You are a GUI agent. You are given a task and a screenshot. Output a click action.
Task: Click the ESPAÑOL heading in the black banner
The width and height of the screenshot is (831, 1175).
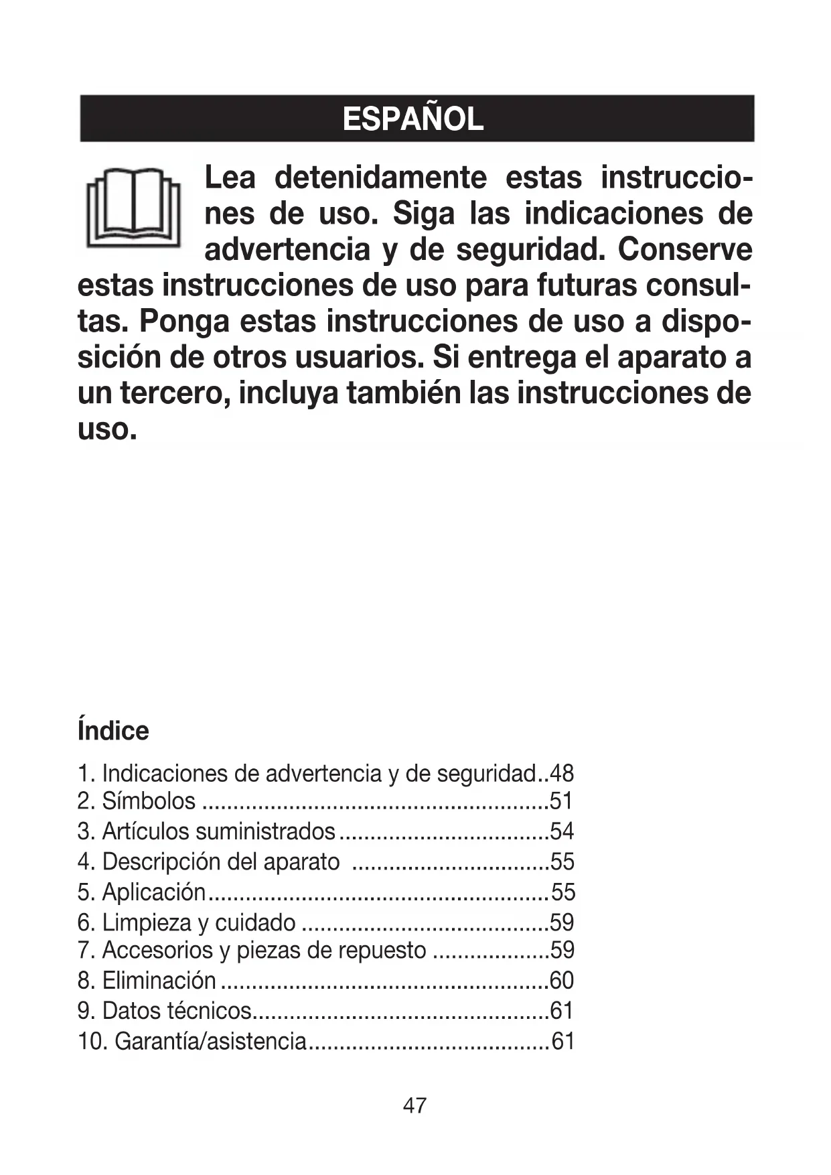[x=412, y=119]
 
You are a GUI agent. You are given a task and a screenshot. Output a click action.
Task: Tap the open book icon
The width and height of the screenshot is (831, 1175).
[x=133, y=206]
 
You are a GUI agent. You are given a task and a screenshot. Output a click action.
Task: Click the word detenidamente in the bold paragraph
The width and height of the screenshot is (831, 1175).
[x=380, y=178]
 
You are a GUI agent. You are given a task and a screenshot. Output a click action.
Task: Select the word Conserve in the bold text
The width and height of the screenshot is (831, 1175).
[x=684, y=250]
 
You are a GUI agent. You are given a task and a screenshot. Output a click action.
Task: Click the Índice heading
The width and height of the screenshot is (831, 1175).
[x=113, y=731]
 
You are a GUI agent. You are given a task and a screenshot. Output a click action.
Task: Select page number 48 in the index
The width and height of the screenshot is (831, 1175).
[x=561, y=774]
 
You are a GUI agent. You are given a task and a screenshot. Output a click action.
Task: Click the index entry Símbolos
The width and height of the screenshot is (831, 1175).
[x=148, y=801]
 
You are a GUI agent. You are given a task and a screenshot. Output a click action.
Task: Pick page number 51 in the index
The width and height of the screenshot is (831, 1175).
[x=561, y=801]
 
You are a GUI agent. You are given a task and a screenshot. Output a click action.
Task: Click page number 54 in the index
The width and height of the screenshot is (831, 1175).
[x=562, y=831]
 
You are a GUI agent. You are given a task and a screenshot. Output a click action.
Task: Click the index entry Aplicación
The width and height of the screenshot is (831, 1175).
[x=153, y=892]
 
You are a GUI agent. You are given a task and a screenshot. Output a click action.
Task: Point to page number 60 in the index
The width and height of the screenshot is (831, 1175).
[x=561, y=981]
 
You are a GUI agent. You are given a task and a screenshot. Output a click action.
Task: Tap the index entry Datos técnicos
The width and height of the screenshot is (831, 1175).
[x=176, y=1011]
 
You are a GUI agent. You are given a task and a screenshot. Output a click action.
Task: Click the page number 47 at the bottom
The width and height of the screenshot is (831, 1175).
[x=414, y=1105]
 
